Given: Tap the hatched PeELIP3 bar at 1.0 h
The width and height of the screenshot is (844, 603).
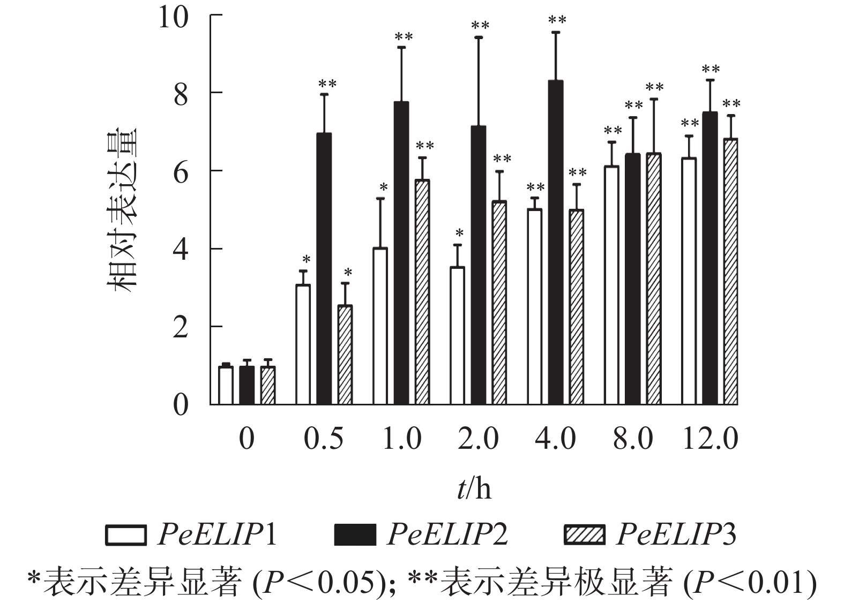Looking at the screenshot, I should point(422,292).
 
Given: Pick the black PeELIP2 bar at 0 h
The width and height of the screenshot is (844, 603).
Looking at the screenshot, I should point(247,386).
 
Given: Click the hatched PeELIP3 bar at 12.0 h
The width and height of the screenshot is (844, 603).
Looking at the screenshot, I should point(730,272).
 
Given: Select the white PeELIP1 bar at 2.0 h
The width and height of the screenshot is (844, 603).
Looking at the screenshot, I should point(457,335).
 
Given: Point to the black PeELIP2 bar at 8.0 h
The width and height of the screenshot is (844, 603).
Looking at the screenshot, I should point(632,279).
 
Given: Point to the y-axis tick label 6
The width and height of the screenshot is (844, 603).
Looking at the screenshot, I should point(181,171).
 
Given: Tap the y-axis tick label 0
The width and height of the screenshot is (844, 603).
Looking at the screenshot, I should point(181,405).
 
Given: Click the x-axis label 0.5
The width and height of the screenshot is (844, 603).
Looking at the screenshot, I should point(323,440).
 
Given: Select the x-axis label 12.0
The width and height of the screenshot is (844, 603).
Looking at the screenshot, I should point(710,440).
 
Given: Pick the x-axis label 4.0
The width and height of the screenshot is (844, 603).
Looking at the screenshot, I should point(556,440).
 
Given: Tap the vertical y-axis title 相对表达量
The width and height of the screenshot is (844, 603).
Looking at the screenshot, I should point(122,209).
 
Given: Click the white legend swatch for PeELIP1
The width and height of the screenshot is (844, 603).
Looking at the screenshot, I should point(126,535).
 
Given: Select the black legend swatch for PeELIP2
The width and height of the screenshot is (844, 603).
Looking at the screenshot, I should point(355,535).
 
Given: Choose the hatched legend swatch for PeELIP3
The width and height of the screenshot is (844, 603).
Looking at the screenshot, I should point(584,535).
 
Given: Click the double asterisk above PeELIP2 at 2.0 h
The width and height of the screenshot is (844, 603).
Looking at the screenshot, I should point(480,25).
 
